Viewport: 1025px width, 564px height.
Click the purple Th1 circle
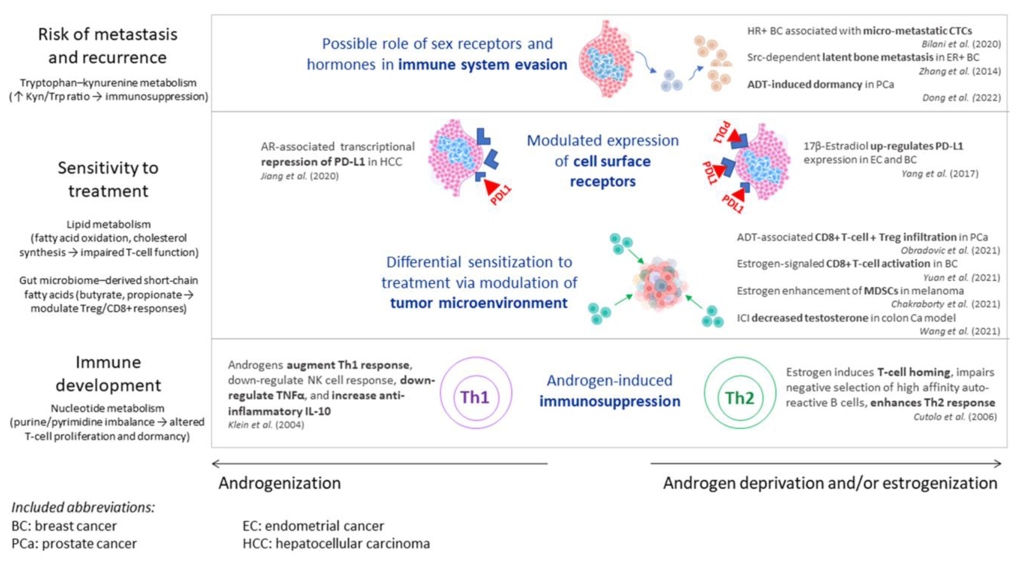pyautogui.click(x=476, y=393)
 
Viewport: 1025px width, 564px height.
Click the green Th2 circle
pyautogui.click(x=740, y=393)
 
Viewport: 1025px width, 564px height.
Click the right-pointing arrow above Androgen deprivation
pyautogui.click(x=826, y=463)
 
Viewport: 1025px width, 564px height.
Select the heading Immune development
pyautogui.click(x=108, y=374)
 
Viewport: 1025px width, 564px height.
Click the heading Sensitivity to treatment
pyautogui.click(x=108, y=179)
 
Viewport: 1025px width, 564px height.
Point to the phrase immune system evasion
pyautogui.click(x=482, y=65)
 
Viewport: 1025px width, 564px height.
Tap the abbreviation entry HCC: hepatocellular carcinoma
pyautogui.click(x=336, y=543)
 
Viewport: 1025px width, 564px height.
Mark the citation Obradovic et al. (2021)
pyautogui.click(x=950, y=250)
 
